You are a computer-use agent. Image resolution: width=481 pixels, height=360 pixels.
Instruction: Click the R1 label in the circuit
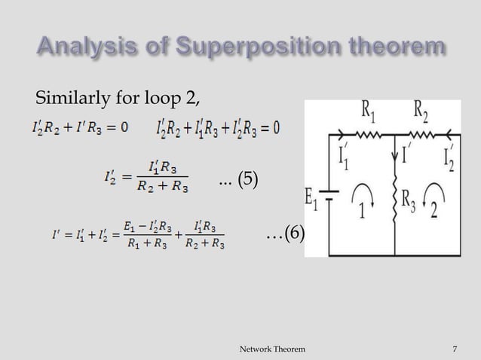click(x=364, y=115)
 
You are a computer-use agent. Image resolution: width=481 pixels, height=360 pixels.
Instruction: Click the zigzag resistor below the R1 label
click(x=365, y=136)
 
